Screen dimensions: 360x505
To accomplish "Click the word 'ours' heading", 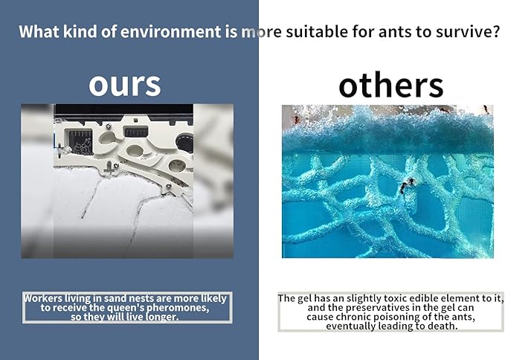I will pos(124,84).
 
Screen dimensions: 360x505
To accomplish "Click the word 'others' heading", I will pos(390,86).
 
